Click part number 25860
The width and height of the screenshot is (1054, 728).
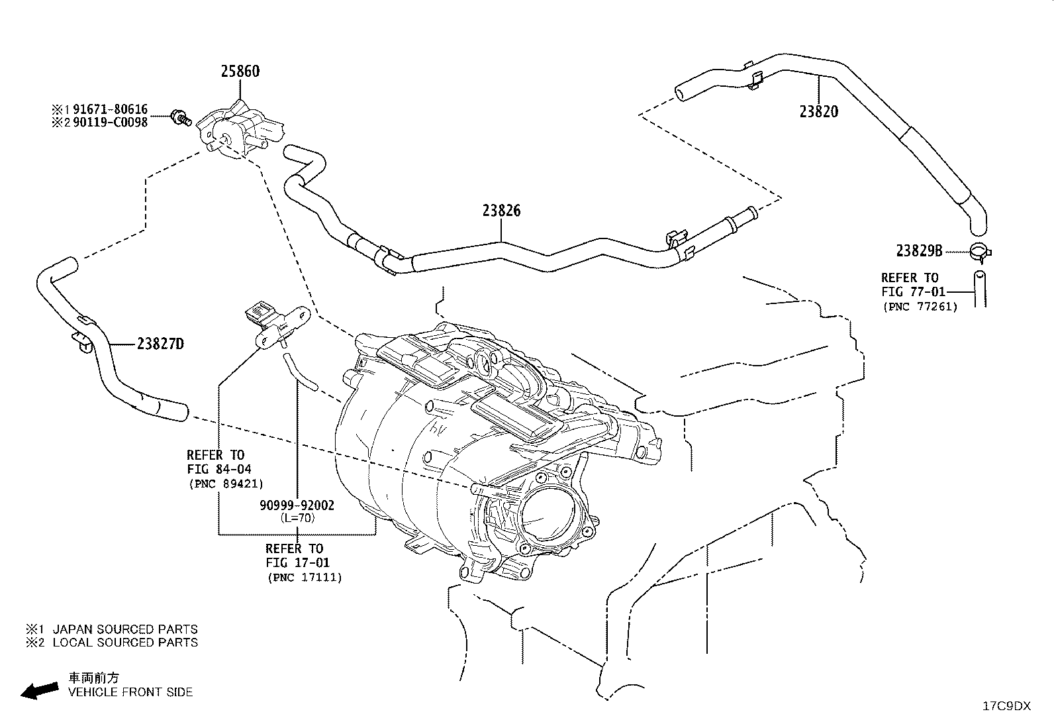[x=240, y=71]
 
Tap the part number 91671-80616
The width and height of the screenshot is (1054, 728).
[x=110, y=109]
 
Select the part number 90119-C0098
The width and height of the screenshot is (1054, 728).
[x=110, y=123]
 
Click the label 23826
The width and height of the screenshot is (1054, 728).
[x=501, y=211]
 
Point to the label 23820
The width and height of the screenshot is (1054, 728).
[x=819, y=111]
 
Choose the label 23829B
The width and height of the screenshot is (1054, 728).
[x=919, y=250]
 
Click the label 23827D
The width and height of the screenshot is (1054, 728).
[x=160, y=344]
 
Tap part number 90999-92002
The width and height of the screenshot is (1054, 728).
[x=297, y=505]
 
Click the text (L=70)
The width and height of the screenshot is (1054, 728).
[x=297, y=518]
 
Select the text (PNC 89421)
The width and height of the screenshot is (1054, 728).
[x=226, y=484]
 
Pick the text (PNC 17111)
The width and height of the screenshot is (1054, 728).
[x=305, y=578]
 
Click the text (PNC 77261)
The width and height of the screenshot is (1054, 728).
[x=920, y=307]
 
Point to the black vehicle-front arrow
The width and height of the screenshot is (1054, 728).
[x=40, y=691]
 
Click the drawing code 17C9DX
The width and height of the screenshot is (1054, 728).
[x=1006, y=706]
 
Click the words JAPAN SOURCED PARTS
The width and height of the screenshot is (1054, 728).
[x=125, y=629]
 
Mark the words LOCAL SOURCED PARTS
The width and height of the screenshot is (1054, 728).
[x=125, y=643]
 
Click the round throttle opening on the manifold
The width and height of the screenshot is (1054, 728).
[x=548, y=517]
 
